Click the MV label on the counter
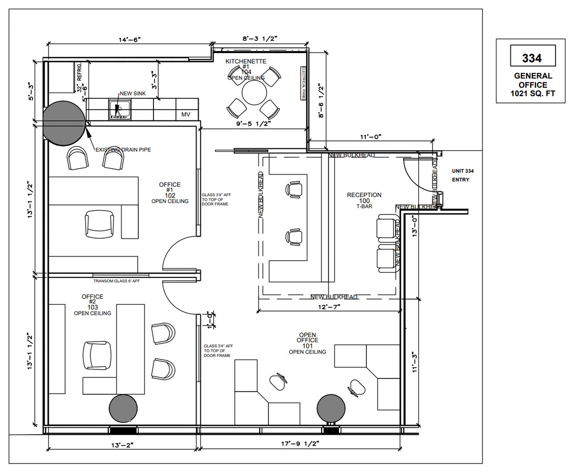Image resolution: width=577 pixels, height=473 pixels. tap(186, 114)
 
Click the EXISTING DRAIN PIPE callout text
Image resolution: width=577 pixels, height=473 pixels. tap(123, 150)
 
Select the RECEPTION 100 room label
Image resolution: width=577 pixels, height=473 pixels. tap(364, 200)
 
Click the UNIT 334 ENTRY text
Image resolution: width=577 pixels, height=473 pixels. tap(461, 176)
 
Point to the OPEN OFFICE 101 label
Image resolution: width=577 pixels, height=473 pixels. tap(307, 343)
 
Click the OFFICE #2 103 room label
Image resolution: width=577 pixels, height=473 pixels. tap(92, 305)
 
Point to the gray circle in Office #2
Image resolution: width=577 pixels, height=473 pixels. tap(123, 408)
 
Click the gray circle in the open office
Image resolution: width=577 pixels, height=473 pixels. tap(332, 408)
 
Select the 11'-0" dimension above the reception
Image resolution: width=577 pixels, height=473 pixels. tap(370, 137)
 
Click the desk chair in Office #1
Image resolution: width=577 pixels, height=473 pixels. tap(100, 225)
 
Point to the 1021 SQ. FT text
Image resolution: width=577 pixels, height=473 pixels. tap(531, 94)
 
